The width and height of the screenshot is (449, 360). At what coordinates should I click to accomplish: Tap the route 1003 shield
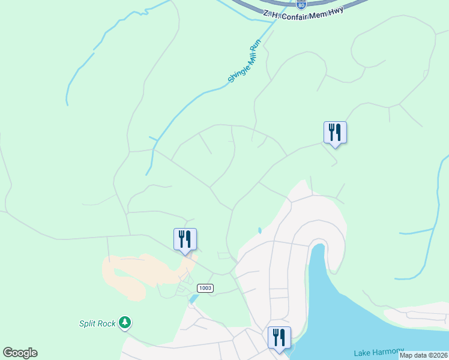[205, 288]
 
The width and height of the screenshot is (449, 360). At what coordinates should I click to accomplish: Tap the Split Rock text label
[97, 323]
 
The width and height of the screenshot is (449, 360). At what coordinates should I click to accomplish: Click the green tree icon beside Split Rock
[125, 323]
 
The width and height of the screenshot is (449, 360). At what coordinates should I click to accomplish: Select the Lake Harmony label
[379, 352]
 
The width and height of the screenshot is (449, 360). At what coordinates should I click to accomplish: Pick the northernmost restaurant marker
[335, 133]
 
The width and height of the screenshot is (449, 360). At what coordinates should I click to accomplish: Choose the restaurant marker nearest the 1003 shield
[185, 239]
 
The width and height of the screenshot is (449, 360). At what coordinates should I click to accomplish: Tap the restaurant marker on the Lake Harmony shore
[279, 338]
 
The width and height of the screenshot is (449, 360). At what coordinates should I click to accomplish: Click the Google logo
[20, 353]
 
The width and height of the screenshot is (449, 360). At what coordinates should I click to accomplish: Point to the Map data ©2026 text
[423, 355]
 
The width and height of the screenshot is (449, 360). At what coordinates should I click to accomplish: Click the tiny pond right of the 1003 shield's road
[193, 298]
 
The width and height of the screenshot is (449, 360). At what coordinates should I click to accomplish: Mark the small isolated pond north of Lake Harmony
[259, 230]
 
